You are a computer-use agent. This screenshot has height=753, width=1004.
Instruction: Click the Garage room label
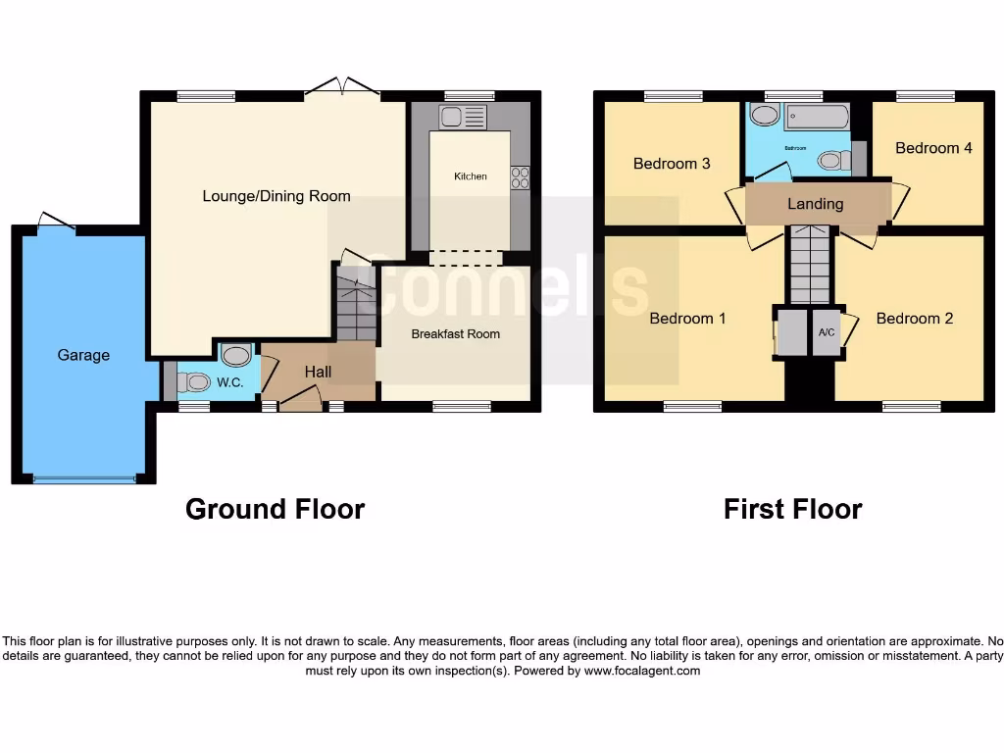(x=83, y=355)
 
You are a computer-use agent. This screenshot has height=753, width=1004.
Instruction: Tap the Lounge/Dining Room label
(x=276, y=196)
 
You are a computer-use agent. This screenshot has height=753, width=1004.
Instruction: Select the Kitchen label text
(x=470, y=176)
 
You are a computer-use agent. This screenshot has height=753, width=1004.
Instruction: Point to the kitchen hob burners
(x=520, y=177)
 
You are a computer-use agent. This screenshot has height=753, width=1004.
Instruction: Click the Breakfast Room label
(x=455, y=334)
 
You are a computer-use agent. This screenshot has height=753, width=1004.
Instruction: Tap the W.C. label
(x=230, y=382)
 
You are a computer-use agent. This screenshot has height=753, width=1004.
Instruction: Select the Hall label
(x=318, y=372)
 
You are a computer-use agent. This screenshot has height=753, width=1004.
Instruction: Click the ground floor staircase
(x=355, y=304)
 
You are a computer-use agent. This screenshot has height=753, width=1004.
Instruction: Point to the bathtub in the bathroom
(x=815, y=117)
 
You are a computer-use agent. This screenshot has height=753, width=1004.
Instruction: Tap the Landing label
(x=815, y=204)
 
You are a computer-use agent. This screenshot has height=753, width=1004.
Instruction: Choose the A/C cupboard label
(x=826, y=333)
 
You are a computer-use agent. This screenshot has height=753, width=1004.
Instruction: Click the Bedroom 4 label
(x=933, y=148)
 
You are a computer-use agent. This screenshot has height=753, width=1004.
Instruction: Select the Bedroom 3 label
(x=672, y=164)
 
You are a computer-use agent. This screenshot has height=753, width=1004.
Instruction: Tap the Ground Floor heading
(x=275, y=510)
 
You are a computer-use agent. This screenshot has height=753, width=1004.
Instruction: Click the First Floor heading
(x=792, y=510)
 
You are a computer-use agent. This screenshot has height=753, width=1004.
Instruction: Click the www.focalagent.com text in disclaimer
(x=642, y=672)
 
